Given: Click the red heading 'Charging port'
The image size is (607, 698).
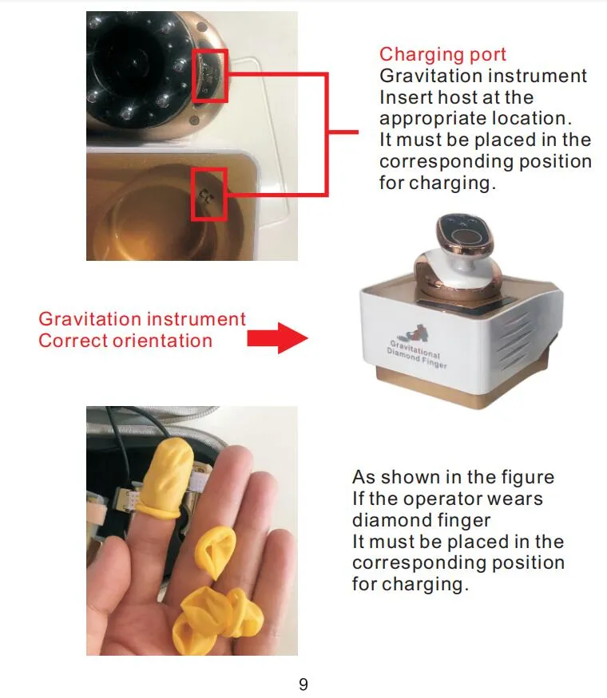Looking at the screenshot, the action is click(x=442, y=55).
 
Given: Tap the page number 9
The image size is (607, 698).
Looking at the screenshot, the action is click(x=303, y=684).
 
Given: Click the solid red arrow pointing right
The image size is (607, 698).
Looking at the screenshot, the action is click(x=277, y=338).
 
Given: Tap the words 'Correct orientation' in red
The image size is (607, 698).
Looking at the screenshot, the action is click(x=125, y=341).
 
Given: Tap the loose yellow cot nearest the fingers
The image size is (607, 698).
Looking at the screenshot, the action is click(x=214, y=553).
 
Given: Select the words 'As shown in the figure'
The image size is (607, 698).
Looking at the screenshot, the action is click(x=453, y=477).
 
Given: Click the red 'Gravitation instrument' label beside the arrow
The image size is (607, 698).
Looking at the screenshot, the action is click(x=142, y=319).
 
